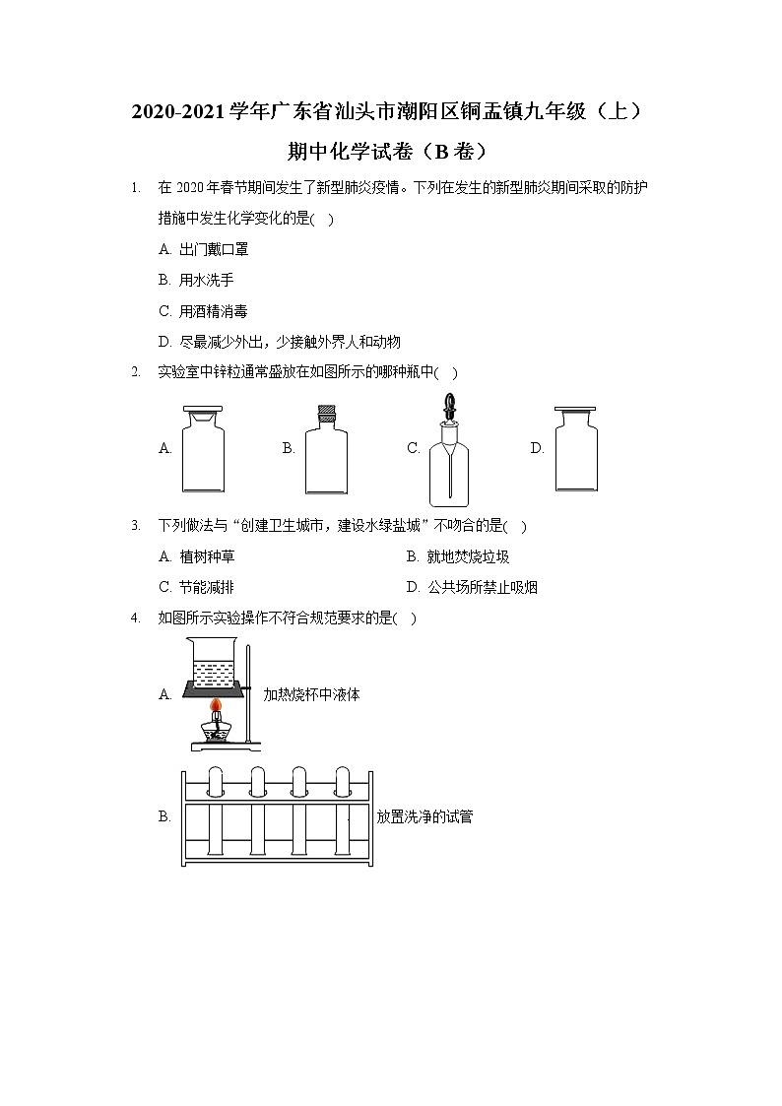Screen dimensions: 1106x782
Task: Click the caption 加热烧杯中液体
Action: coord(311,694)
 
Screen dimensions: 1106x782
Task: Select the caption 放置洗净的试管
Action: coord(424,816)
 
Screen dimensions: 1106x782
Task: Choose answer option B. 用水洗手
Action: coord(196,280)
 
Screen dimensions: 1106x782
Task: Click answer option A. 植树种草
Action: coord(196,556)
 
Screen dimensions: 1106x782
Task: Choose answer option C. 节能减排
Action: coord(196,587)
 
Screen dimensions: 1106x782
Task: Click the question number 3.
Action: coord(135,526)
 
